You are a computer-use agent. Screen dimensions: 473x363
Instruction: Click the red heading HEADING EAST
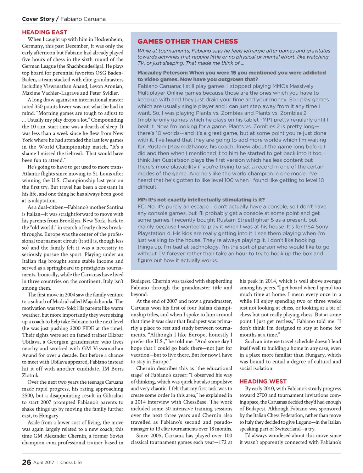point(44,32)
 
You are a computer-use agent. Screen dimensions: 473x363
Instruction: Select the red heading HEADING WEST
point(263,382)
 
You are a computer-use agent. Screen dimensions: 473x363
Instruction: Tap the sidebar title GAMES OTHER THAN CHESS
point(188,41)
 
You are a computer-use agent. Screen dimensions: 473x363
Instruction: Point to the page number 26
point(26,462)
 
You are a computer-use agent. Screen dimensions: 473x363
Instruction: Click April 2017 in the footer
point(44,462)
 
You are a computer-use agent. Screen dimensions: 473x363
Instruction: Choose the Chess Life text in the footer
point(71,462)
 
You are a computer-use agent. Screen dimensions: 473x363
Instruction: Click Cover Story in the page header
point(38,19)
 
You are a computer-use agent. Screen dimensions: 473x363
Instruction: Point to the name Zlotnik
point(31,375)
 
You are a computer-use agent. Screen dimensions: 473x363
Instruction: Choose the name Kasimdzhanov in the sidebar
point(177,147)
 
